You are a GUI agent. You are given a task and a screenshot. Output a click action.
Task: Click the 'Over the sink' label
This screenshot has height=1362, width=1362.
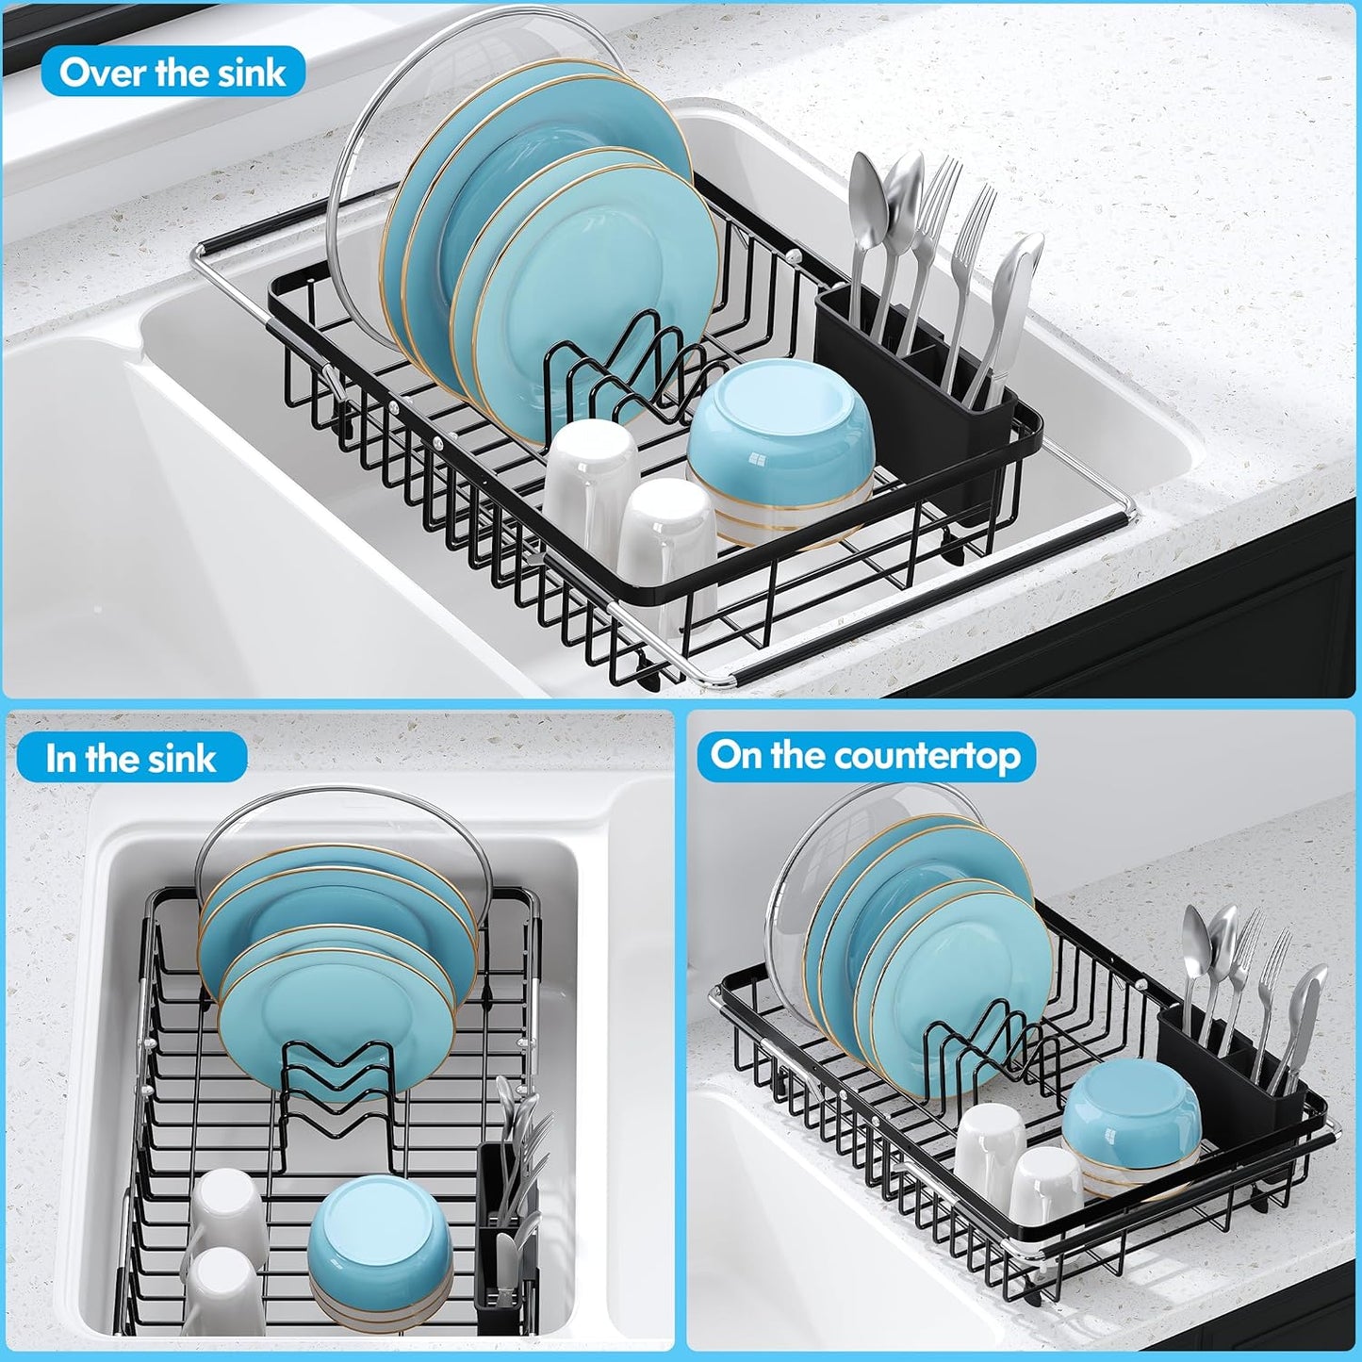pyautogui.click(x=172, y=73)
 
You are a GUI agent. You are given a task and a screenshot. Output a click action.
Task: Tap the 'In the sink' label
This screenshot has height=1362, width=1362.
pyautogui.click(x=131, y=759)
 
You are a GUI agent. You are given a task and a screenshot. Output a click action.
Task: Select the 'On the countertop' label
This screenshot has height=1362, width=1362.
pyautogui.click(x=865, y=756)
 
